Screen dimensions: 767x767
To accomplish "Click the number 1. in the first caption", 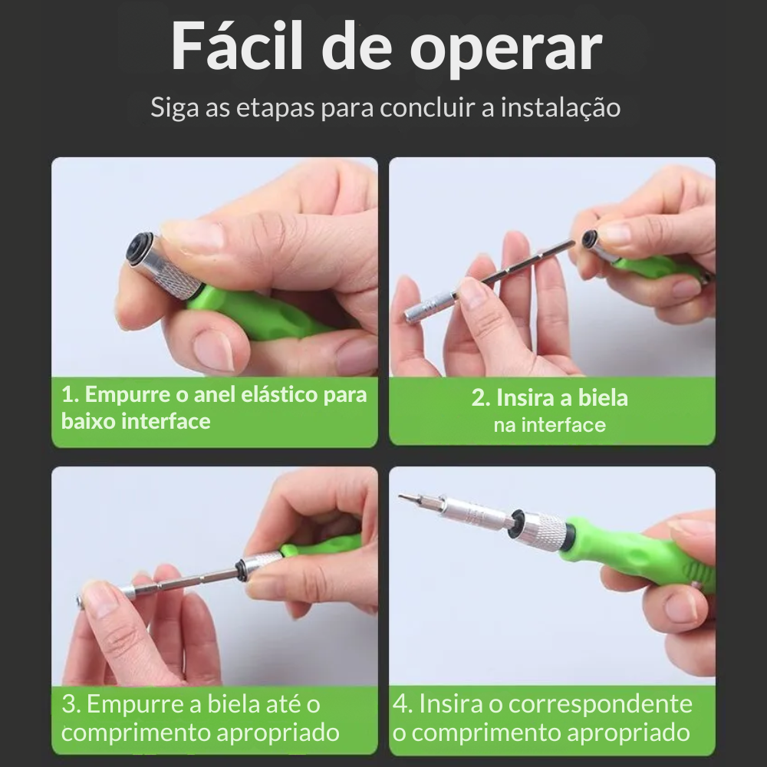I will pyautogui.click(x=71, y=396).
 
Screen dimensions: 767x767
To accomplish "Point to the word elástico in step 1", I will pyautogui.click(x=256, y=395).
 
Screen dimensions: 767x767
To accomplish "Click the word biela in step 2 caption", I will pyautogui.click(x=604, y=398).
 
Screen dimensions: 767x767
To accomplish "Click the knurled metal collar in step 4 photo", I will pyautogui.click(x=546, y=528).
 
